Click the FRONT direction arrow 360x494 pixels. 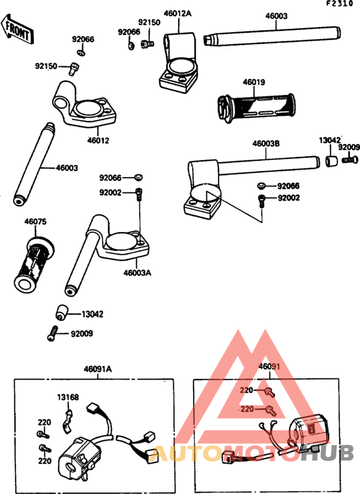tap(17, 29)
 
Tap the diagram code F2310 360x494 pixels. tap(339, 4)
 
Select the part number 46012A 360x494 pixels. tap(177, 14)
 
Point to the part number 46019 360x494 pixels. tap(253, 82)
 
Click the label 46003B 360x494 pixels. tap(266, 143)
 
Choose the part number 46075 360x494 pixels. tap(35, 222)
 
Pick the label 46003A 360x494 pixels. tap(137, 273)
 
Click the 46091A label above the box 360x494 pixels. tap(98, 369)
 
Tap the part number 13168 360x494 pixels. tap(67, 398)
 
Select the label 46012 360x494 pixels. tap(98, 140)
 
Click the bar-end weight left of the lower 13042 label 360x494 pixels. tap(62, 312)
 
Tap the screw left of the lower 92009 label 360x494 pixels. tap(53, 333)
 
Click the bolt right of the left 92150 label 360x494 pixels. tap(74, 68)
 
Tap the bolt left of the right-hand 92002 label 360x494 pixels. tap(262, 201)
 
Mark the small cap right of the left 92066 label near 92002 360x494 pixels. tap(138, 177)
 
